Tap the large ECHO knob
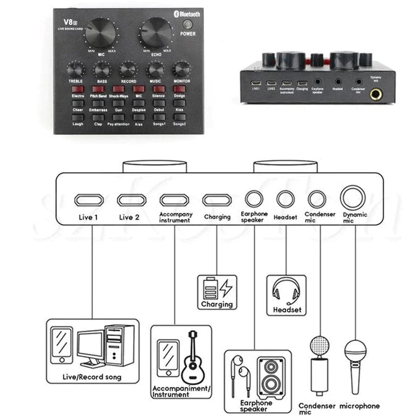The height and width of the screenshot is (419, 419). coord(156,32)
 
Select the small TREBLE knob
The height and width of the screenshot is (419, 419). coord(75,70)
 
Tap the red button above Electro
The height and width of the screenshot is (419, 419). coord(78,89)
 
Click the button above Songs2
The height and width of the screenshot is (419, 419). coord(179,117)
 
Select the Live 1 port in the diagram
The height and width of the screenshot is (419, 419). coord(89,200)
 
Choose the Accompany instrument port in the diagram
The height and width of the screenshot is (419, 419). coord(174,200)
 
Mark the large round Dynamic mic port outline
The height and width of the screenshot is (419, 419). coord(353,197)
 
